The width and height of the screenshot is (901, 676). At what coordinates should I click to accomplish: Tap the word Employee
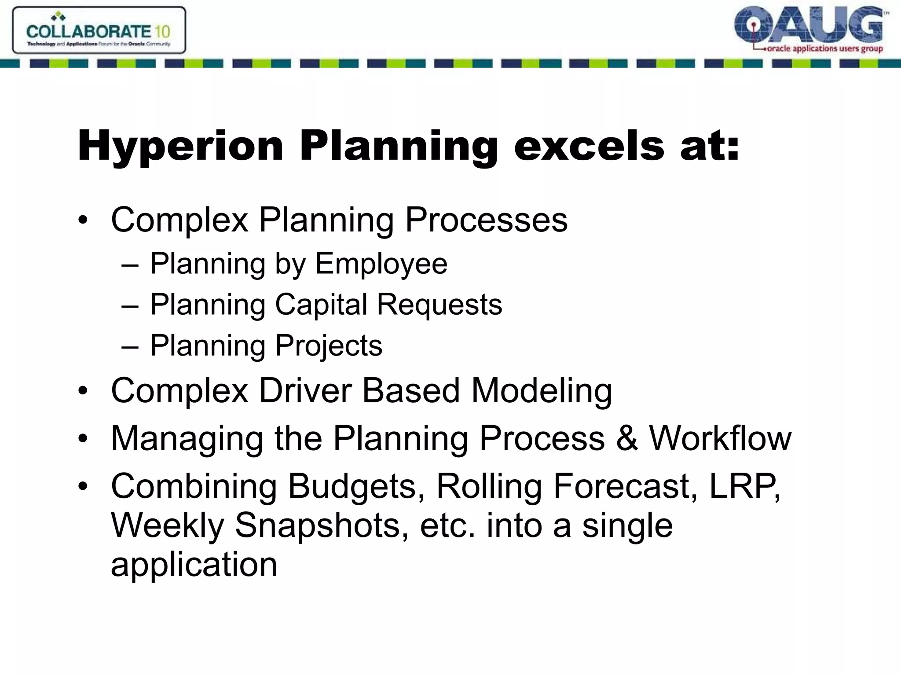click(x=381, y=264)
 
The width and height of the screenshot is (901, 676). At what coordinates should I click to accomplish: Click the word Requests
click(x=440, y=305)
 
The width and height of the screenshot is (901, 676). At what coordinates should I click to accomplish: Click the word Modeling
click(x=542, y=390)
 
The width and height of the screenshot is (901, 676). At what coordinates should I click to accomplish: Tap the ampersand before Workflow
click(x=626, y=438)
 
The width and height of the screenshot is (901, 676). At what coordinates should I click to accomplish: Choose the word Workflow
click(x=720, y=438)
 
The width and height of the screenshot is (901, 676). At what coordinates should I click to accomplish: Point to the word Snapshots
click(x=317, y=525)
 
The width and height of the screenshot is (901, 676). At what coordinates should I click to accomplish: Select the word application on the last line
click(x=194, y=565)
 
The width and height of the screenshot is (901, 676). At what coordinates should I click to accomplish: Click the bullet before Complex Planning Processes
click(x=83, y=220)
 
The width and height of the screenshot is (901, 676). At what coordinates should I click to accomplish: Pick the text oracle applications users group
click(x=824, y=49)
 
